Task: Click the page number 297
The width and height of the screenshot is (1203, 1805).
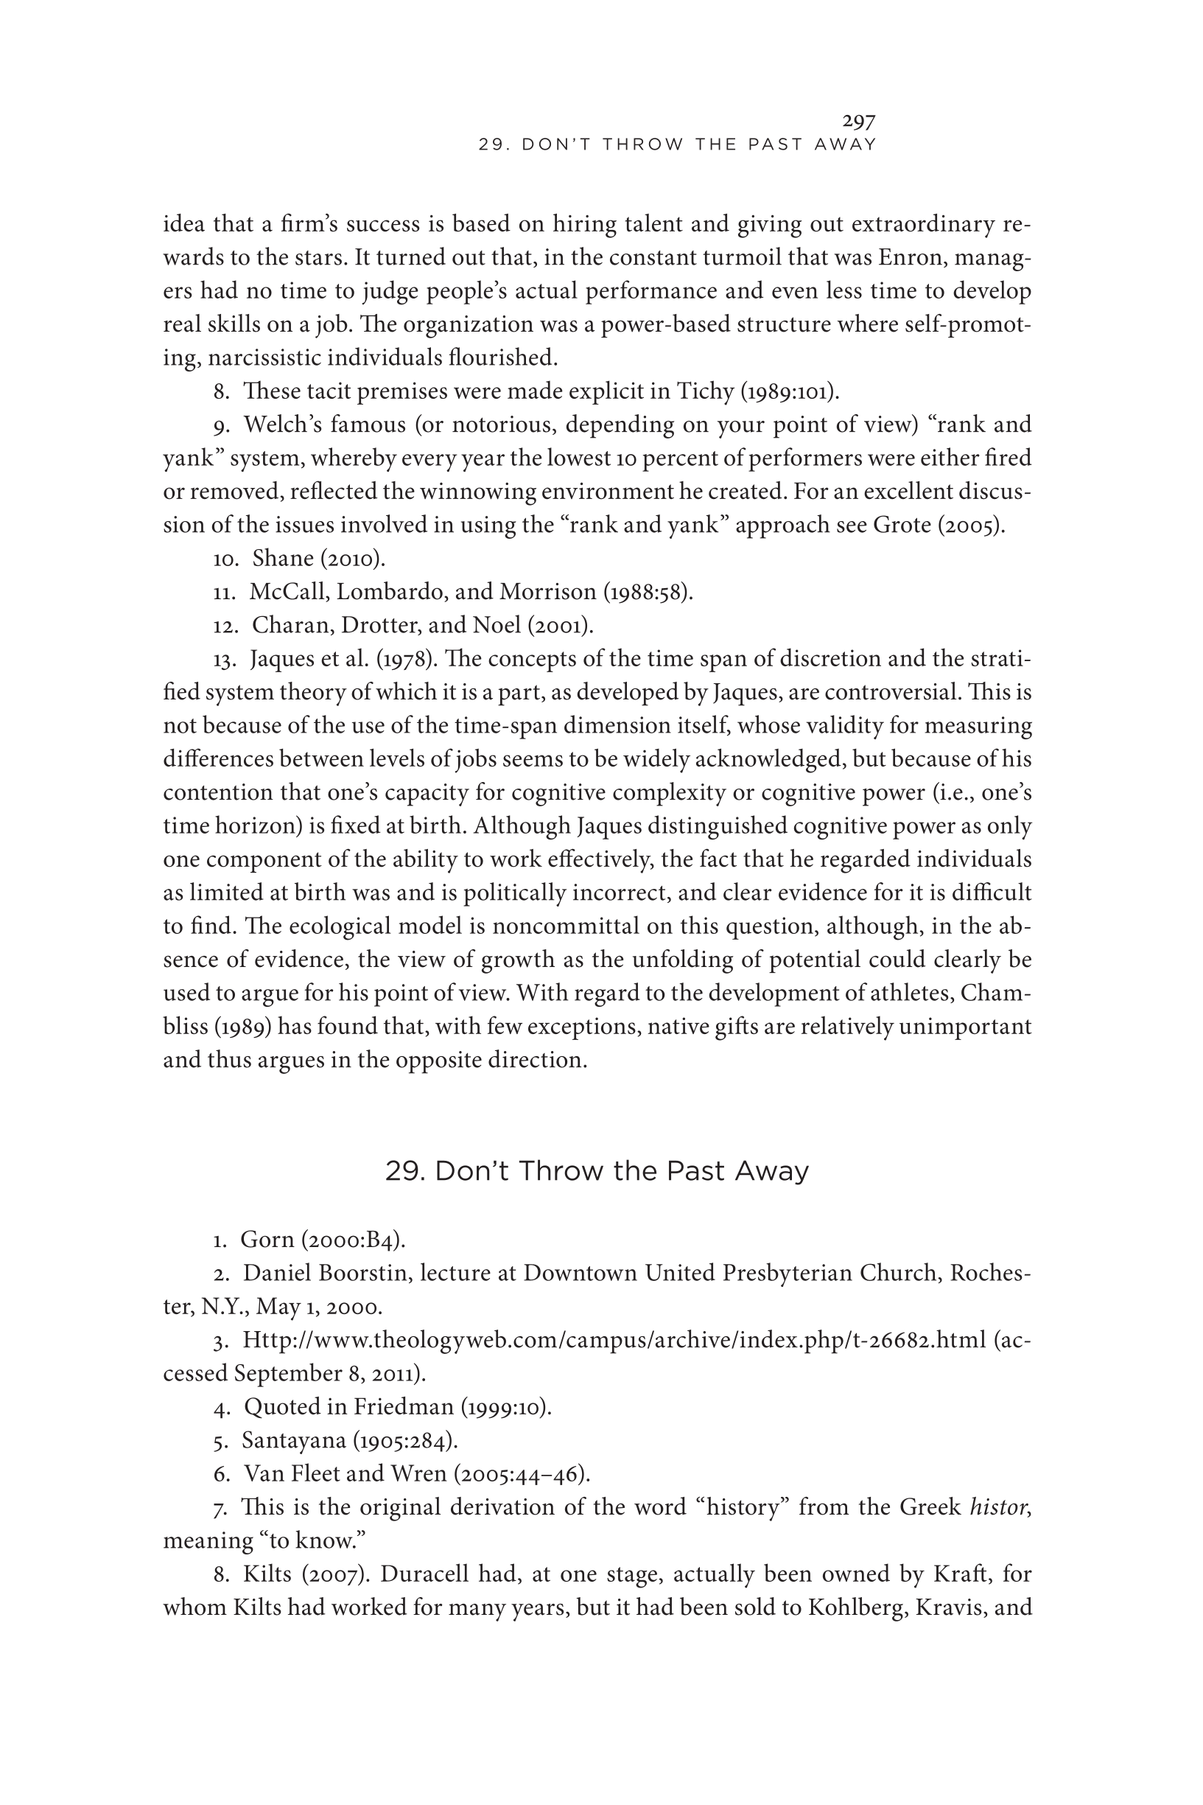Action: [858, 122]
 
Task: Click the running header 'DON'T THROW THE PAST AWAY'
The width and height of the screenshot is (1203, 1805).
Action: [677, 144]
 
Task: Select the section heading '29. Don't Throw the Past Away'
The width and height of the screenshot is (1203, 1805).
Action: [596, 1171]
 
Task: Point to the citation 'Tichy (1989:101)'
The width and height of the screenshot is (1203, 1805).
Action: [756, 391]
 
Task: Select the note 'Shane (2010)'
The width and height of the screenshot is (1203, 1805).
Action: [318, 559]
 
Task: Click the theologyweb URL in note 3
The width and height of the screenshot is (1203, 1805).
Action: [614, 1340]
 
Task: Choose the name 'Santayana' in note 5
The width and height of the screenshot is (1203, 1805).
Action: [294, 1440]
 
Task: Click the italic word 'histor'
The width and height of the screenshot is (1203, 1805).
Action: [998, 1507]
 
